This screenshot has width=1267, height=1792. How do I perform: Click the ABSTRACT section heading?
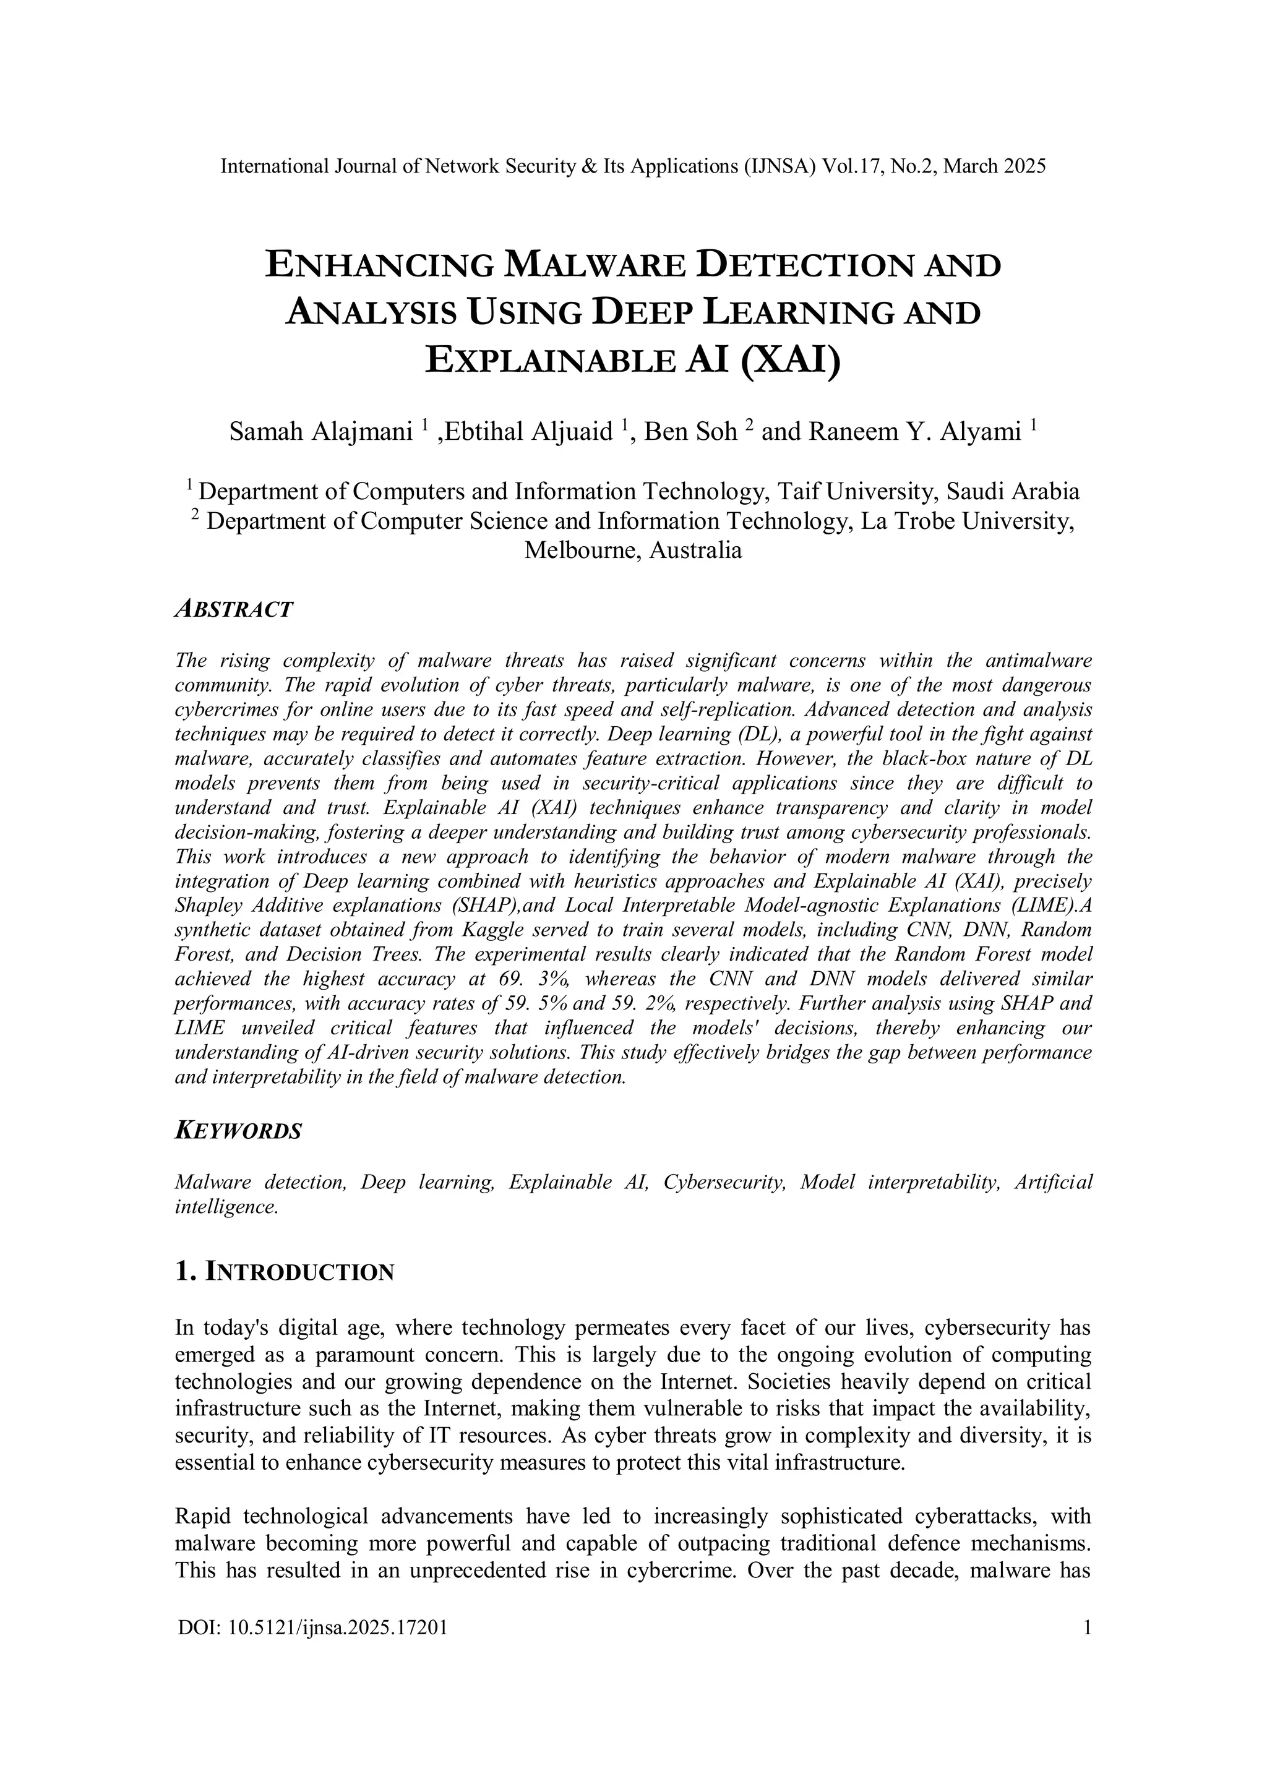point(234,609)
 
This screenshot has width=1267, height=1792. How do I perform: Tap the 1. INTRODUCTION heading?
point(284,1272)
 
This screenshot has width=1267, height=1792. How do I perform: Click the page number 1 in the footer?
point(1086,1627)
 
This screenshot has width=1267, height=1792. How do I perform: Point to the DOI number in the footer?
point(313,1627)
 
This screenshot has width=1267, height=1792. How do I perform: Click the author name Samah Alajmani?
point(320,432)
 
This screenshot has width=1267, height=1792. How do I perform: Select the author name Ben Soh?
point(690,432)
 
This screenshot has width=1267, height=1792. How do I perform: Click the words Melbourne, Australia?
point(633,551)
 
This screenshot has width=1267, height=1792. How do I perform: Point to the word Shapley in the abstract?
point(206,906)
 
